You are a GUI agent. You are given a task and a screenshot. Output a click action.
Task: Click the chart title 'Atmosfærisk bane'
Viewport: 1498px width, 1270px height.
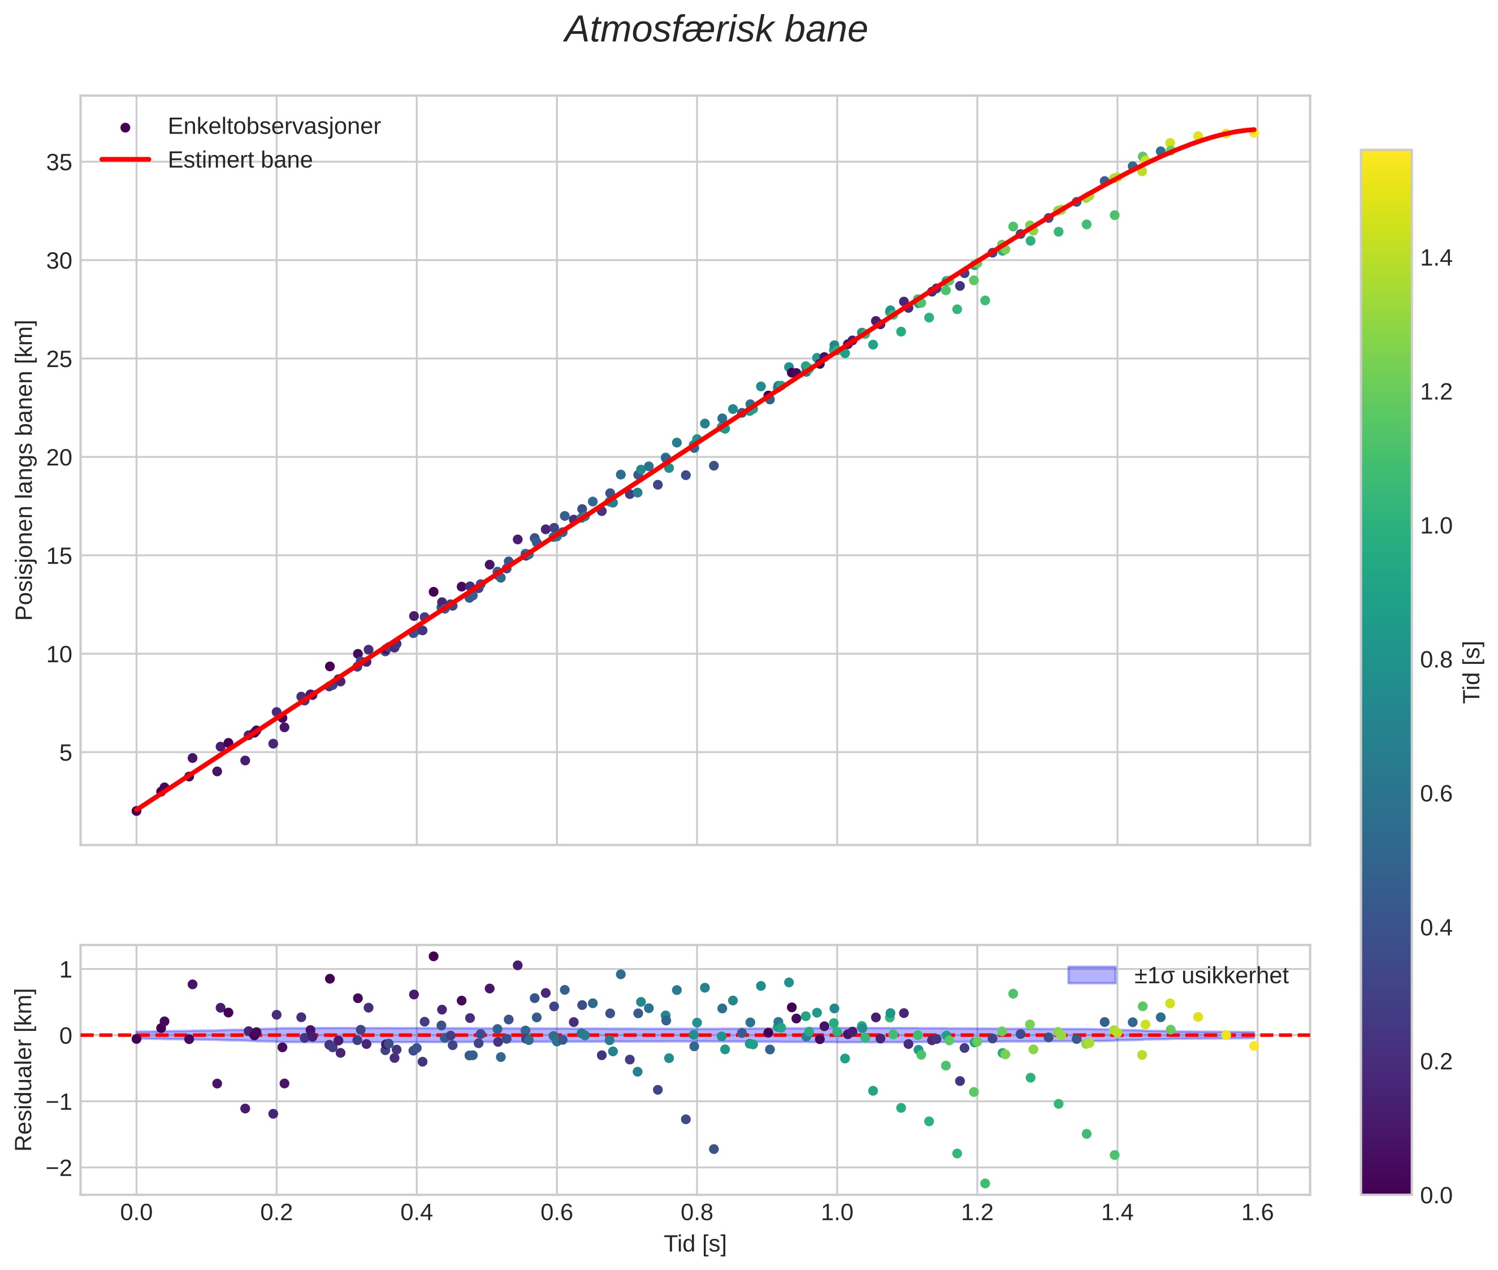pyautogui.click(x=716, y=30)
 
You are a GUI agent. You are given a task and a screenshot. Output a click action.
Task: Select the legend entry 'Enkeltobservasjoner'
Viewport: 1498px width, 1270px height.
pyautogui.click(x=274, y=127)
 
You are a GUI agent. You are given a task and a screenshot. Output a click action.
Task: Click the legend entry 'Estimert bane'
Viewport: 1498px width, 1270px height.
pyautogui.click(x=240, y=160)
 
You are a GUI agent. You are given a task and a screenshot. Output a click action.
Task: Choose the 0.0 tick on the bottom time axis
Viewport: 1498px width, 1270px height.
pyautogui.click(x=136, y=1213)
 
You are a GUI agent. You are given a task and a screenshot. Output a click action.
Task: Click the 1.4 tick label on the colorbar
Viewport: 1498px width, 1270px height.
pyautogui.click(x=1436, y=258)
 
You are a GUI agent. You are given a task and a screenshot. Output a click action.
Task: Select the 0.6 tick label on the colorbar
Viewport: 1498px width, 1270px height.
pyautogui.click(x=1436, y=794)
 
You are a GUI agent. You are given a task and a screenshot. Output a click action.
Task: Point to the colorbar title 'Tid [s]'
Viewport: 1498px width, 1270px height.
pyautogui.click(x=1473, y=672)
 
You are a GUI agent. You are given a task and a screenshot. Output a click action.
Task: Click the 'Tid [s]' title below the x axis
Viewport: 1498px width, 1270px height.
pyautogui.click(x=695, y=1244)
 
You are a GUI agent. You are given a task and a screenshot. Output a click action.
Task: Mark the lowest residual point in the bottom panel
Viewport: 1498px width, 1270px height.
pyautogui.click(x=985, y=1183)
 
